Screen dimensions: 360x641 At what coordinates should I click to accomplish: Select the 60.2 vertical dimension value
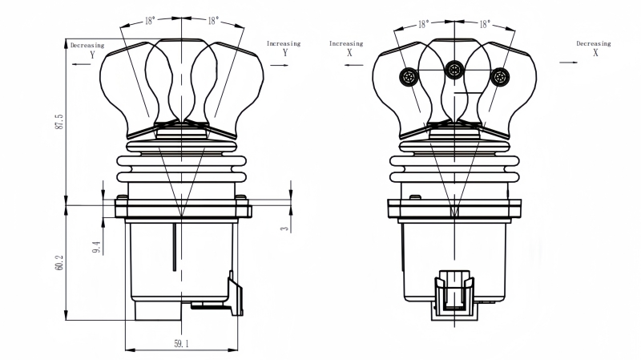[x=59, y=262]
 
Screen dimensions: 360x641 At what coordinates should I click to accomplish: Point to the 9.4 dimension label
[x=96, y=247]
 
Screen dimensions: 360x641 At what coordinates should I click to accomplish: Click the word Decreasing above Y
[x=87, y=46]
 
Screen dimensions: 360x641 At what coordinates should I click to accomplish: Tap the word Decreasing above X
[x=594, y=43]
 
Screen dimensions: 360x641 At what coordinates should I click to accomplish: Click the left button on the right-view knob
[x=409, y=77]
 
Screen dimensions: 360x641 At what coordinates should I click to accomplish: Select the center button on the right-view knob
[x=454, y=69]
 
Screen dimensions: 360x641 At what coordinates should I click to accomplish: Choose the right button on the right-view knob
[x=500, y=77]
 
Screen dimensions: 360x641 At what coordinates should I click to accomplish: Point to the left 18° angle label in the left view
[x=151, y=23]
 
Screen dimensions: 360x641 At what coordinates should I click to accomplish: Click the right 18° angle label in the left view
[x=213, y=23]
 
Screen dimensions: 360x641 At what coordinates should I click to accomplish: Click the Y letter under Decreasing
[x=92, y=55]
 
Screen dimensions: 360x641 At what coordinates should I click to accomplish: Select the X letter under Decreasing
[x=595, y=53]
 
